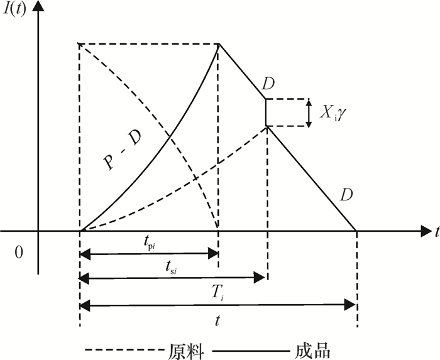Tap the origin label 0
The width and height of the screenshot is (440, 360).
coord(18,253)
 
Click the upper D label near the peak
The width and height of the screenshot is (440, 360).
coord(269,85)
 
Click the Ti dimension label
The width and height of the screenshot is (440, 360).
coord(217,292)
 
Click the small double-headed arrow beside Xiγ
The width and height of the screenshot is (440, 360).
coord(308,113)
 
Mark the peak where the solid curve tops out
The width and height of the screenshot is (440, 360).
coord(218,43)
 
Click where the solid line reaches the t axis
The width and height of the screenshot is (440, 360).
coord(356,232)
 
